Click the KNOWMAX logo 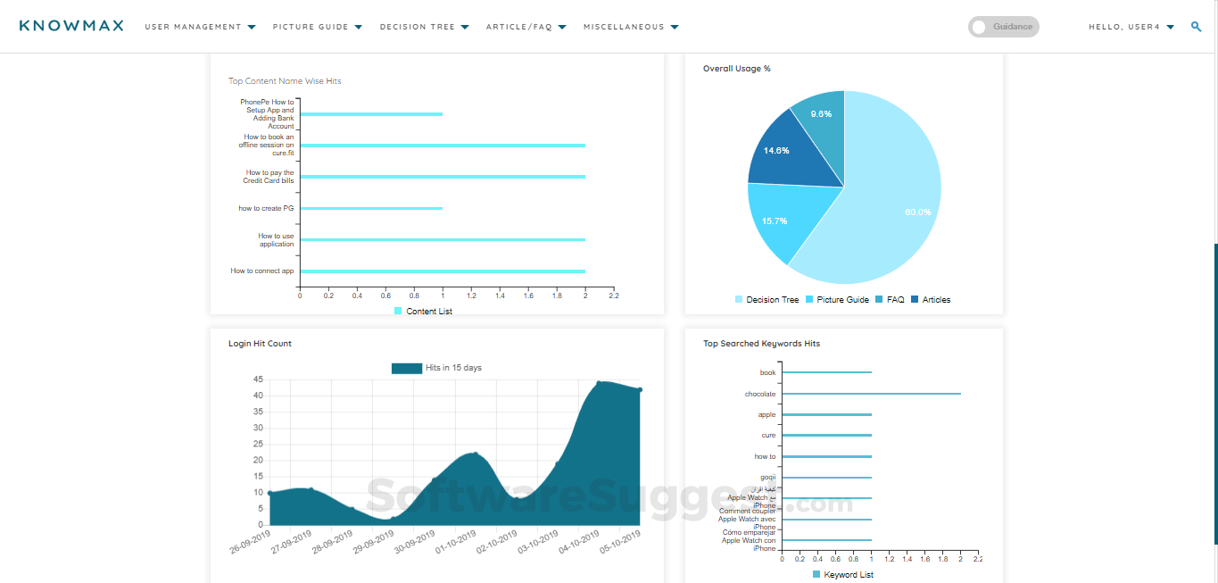pyautogui.click(x=71, y=26)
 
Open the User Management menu pyautogui.click(x=200, y=27)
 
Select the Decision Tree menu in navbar pyautogui.click(x=424, y=27)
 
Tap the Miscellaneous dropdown pyautogui.click(x=631, y=27)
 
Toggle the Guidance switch pyautogui.click(x=1003, y=27)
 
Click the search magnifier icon pyautogui.click(x=1196, y=27)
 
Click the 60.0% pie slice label pyautogui.click(x=917, y=212)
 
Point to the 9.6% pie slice pyautogui.click(x=821, y=114)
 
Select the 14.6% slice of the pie pyautogui.click(x=776, y=151)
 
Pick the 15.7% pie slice pyautogui.click(x=774, y=221)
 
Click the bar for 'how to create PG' pyautogui.click(x=371, y=208)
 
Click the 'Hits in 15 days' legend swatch pyautogui.click(x=407, y=368)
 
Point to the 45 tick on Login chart pyautogui.click(x=257, y=379)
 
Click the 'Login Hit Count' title pyautogui.click(x=260, y=344)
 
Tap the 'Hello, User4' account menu pyautogui.click(x=1131, y=27)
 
